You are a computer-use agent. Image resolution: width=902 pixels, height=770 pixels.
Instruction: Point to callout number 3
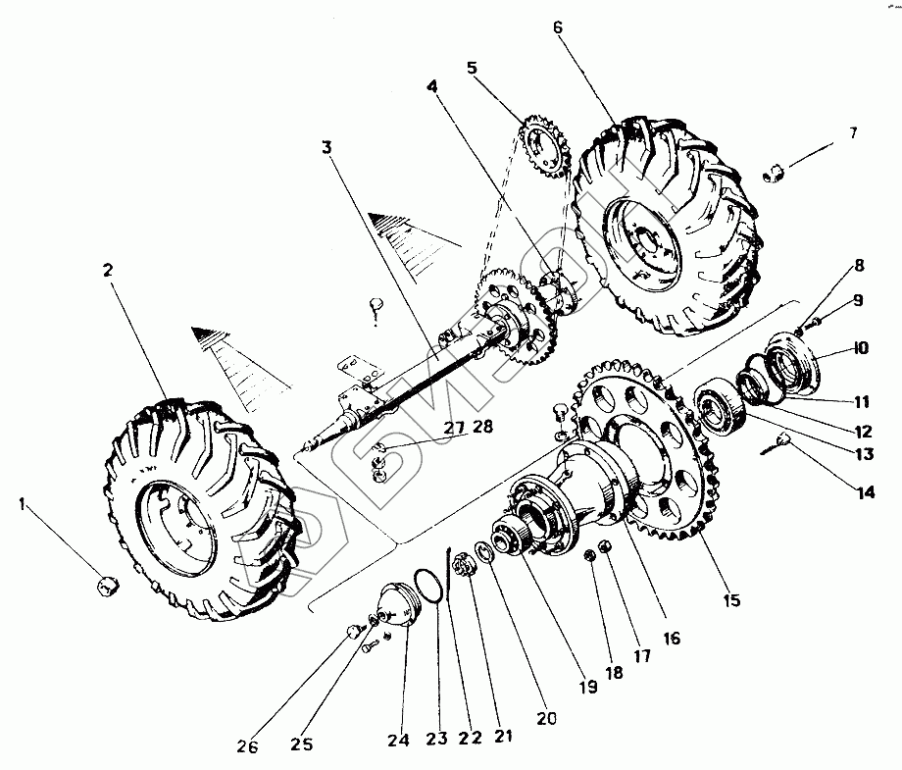tap(327, 148)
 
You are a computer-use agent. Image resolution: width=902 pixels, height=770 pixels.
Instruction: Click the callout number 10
tap(860, 348)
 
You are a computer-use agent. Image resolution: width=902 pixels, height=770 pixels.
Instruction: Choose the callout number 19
tap(587, 687)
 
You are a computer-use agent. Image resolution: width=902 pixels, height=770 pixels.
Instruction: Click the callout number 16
tap(671, 638)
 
